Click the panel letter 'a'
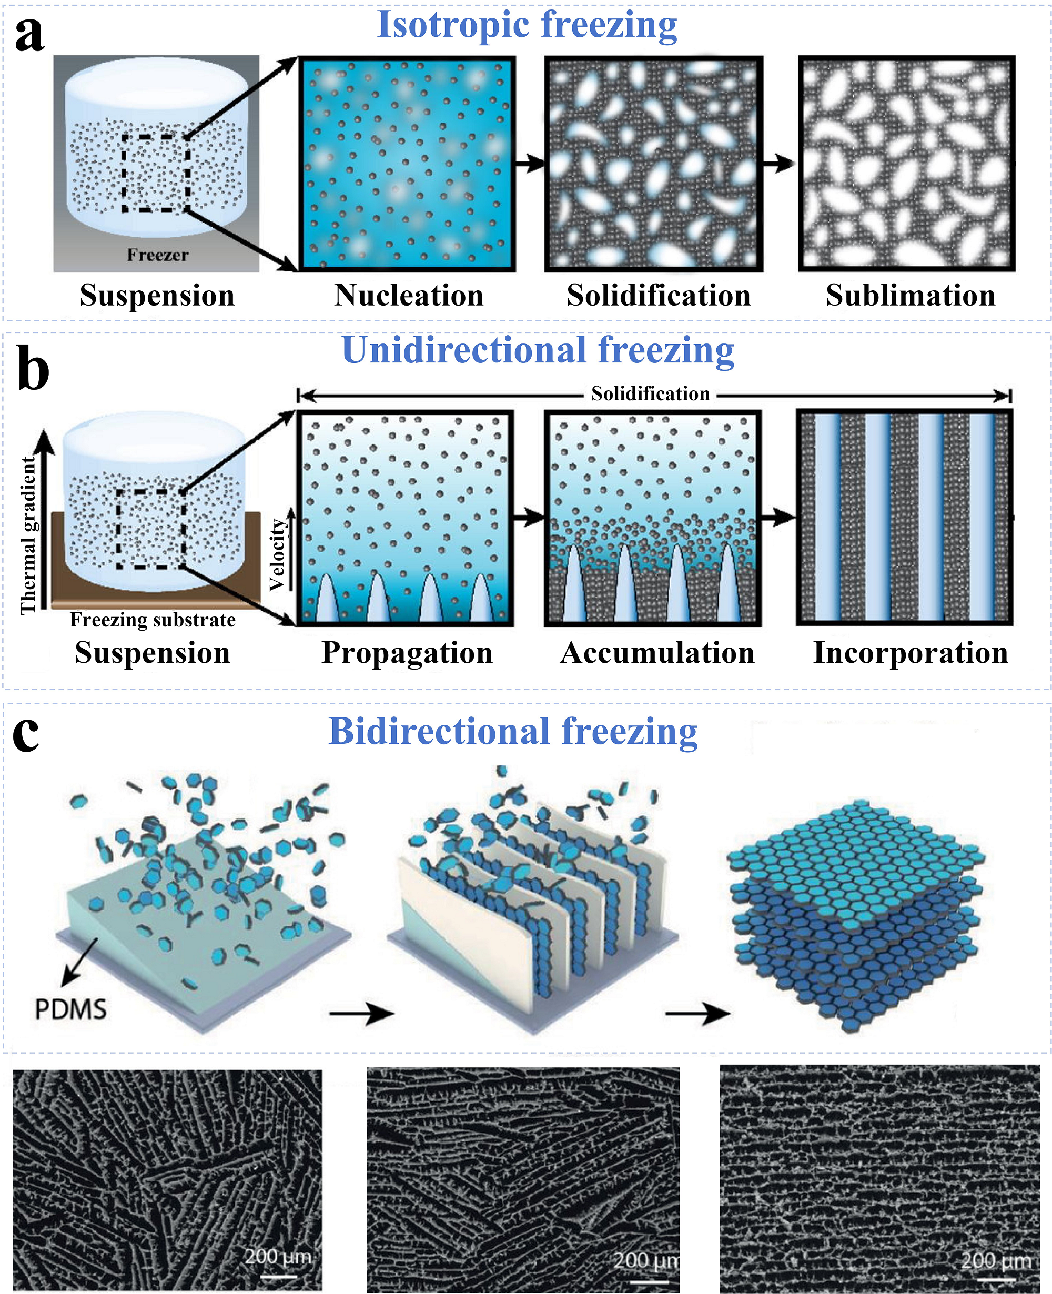coord(29,35)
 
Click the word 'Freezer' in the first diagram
coord(158,255)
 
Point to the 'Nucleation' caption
coord(409,295)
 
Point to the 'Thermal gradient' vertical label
coord(28,535)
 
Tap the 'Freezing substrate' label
coord(153,620)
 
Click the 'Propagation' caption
coord(407,653)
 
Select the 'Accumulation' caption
coord(657,653)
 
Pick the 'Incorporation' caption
coord(911,653)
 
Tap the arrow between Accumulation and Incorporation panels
coord(778,517)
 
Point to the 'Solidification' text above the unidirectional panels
coord(650,394)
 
